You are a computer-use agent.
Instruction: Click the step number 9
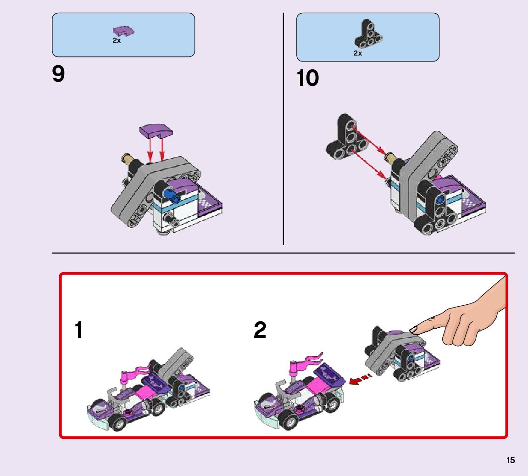coord(58,74)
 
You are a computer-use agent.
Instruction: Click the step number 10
coord(307,78)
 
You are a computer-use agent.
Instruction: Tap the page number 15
coord(511,460)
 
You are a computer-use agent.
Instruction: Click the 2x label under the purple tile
coord(117,40)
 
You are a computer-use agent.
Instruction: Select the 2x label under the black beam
coord(358,53)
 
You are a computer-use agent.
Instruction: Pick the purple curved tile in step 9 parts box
coord(123,31)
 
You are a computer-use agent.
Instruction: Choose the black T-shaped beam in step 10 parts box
coord(368,34)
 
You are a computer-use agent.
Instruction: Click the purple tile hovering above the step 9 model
coord(156,131)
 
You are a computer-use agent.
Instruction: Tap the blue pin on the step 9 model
coord(172,196)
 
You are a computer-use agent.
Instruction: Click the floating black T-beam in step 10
coord(347,138)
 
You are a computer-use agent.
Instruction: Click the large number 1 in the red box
coord(78,330)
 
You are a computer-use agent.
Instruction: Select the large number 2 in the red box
coord(260,330)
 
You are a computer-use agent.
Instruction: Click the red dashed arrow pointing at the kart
coord(360,379)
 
